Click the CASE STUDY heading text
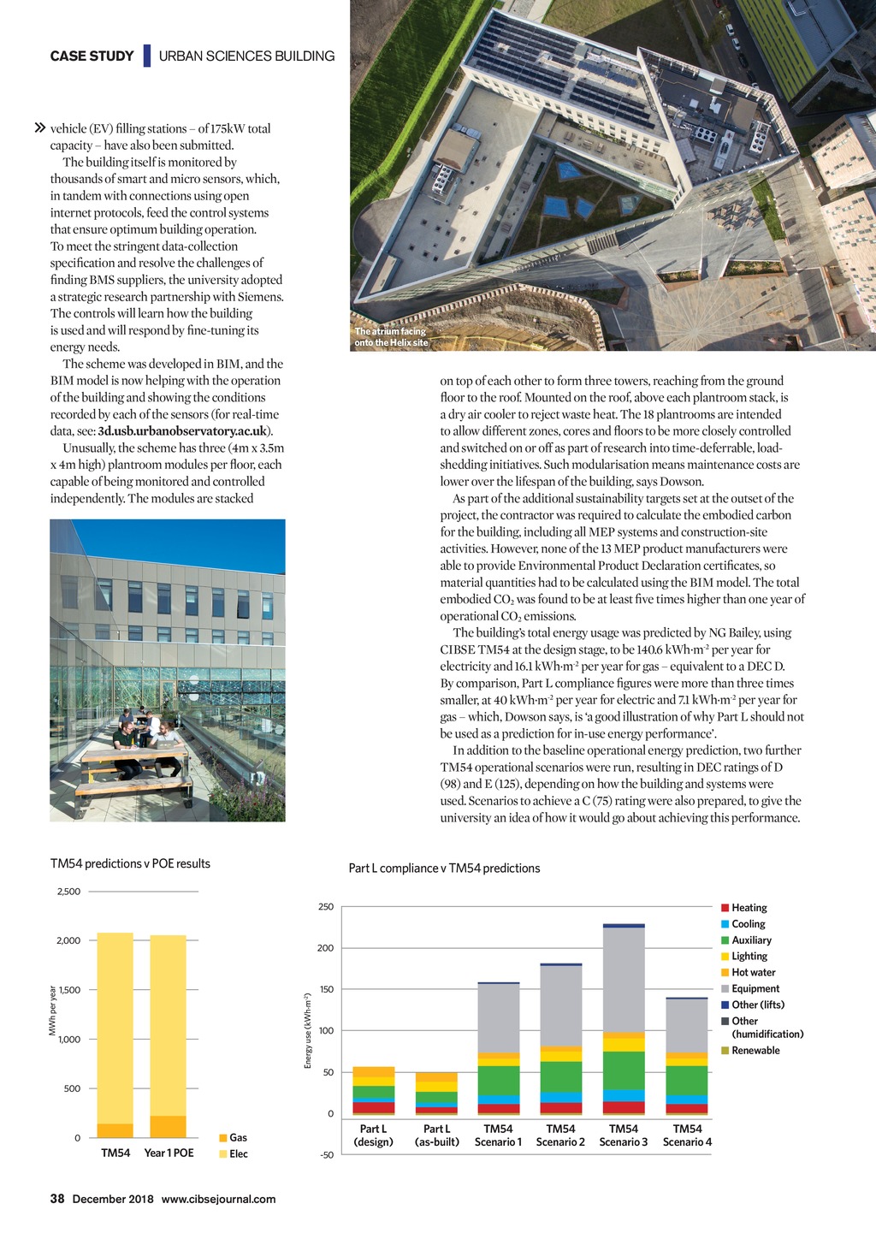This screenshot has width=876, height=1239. [92, 56]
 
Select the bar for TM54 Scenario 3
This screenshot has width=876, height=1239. [624, 1018]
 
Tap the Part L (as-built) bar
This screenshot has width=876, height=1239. [436, 1093]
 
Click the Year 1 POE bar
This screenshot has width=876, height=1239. [168, 1035]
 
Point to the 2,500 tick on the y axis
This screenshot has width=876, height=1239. [68, 892]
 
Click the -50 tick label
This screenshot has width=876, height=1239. [326, 1155]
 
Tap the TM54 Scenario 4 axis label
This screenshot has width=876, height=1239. [687, 1135]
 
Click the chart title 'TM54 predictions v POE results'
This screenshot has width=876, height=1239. [130, 864]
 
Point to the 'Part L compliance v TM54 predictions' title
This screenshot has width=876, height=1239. [444, 868]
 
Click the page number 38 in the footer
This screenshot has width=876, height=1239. [57, 1199]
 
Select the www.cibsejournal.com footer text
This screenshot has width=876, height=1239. [218, 1199]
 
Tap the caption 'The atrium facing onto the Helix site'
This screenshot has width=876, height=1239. [391, 337]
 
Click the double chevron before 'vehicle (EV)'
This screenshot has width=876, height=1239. [38, 128]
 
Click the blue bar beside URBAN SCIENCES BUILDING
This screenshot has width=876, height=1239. [147, 56]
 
